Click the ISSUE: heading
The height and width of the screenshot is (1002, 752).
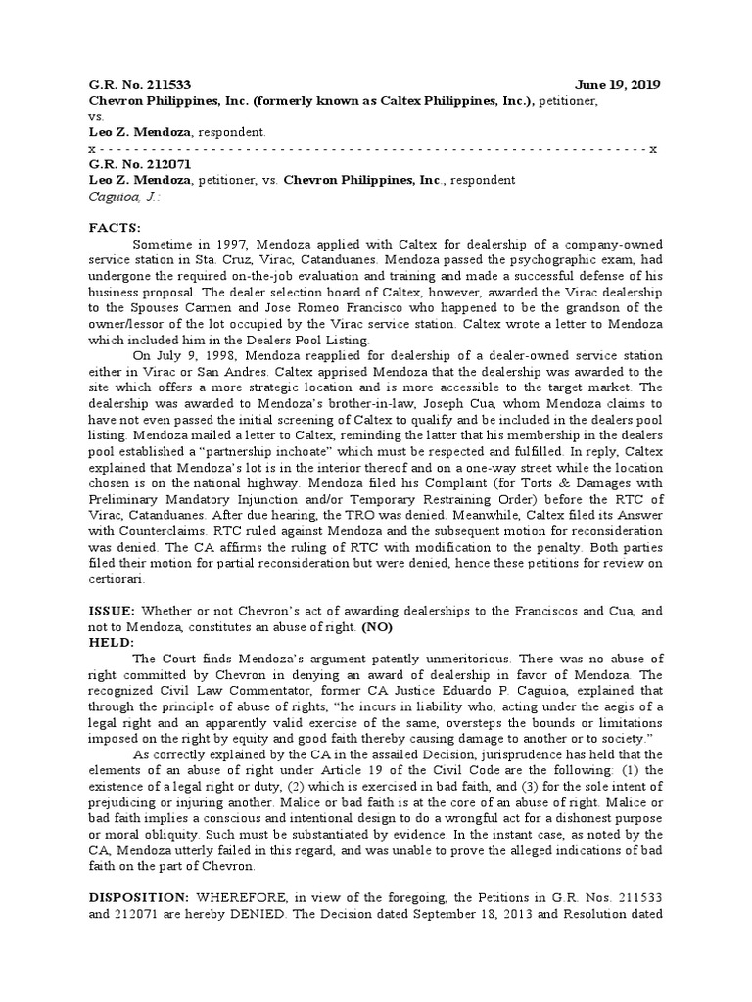click(x=116, y=612)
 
